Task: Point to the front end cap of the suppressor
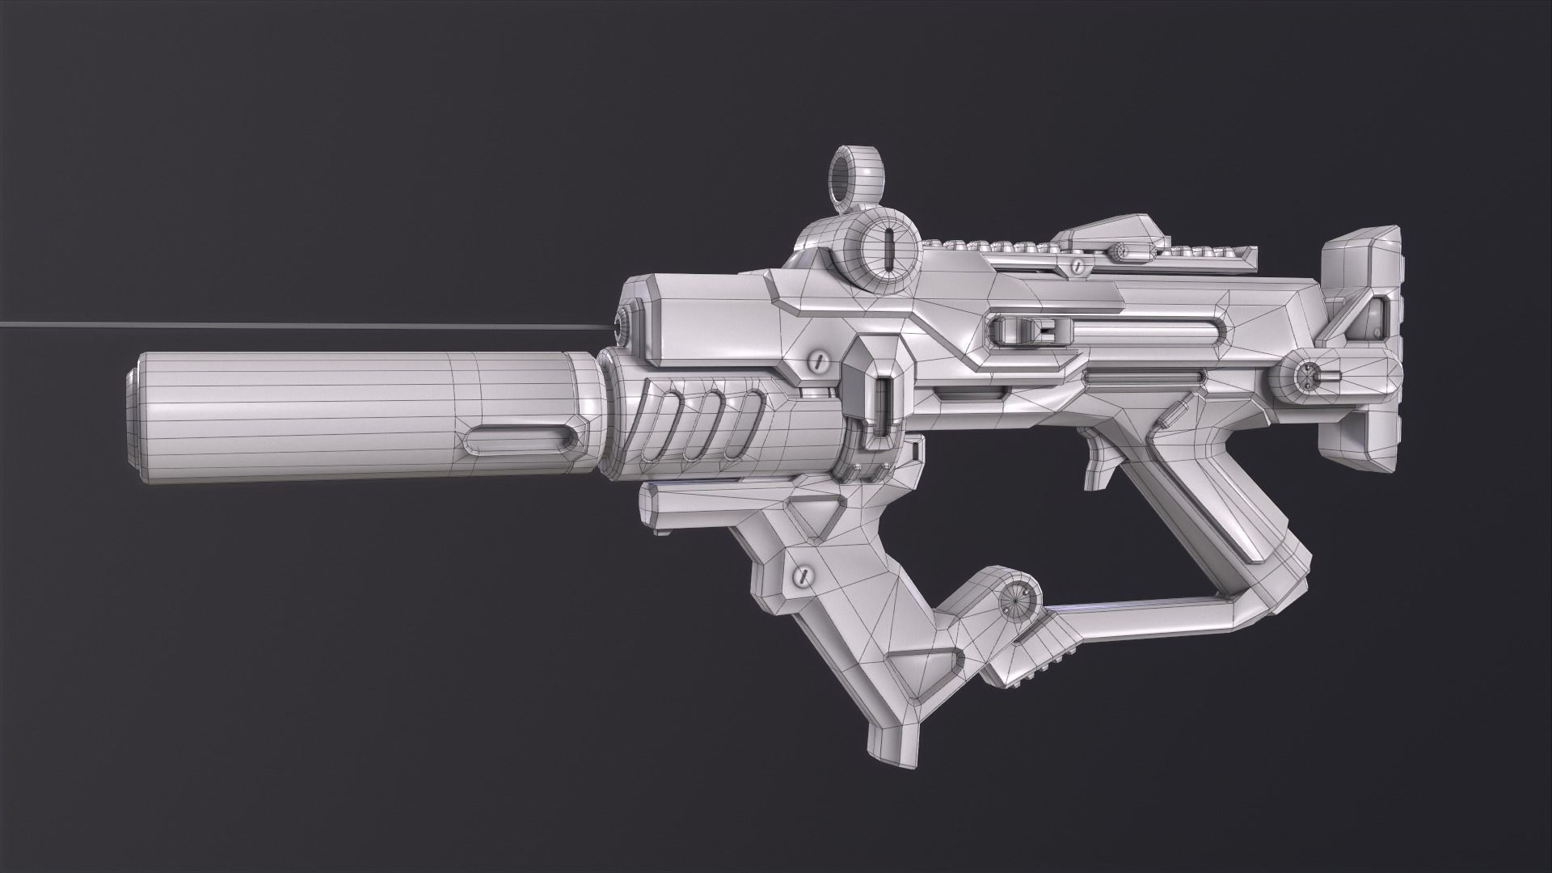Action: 134,419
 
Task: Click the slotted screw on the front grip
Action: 803,576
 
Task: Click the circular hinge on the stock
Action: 1307,377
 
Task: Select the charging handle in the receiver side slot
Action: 1027,331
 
